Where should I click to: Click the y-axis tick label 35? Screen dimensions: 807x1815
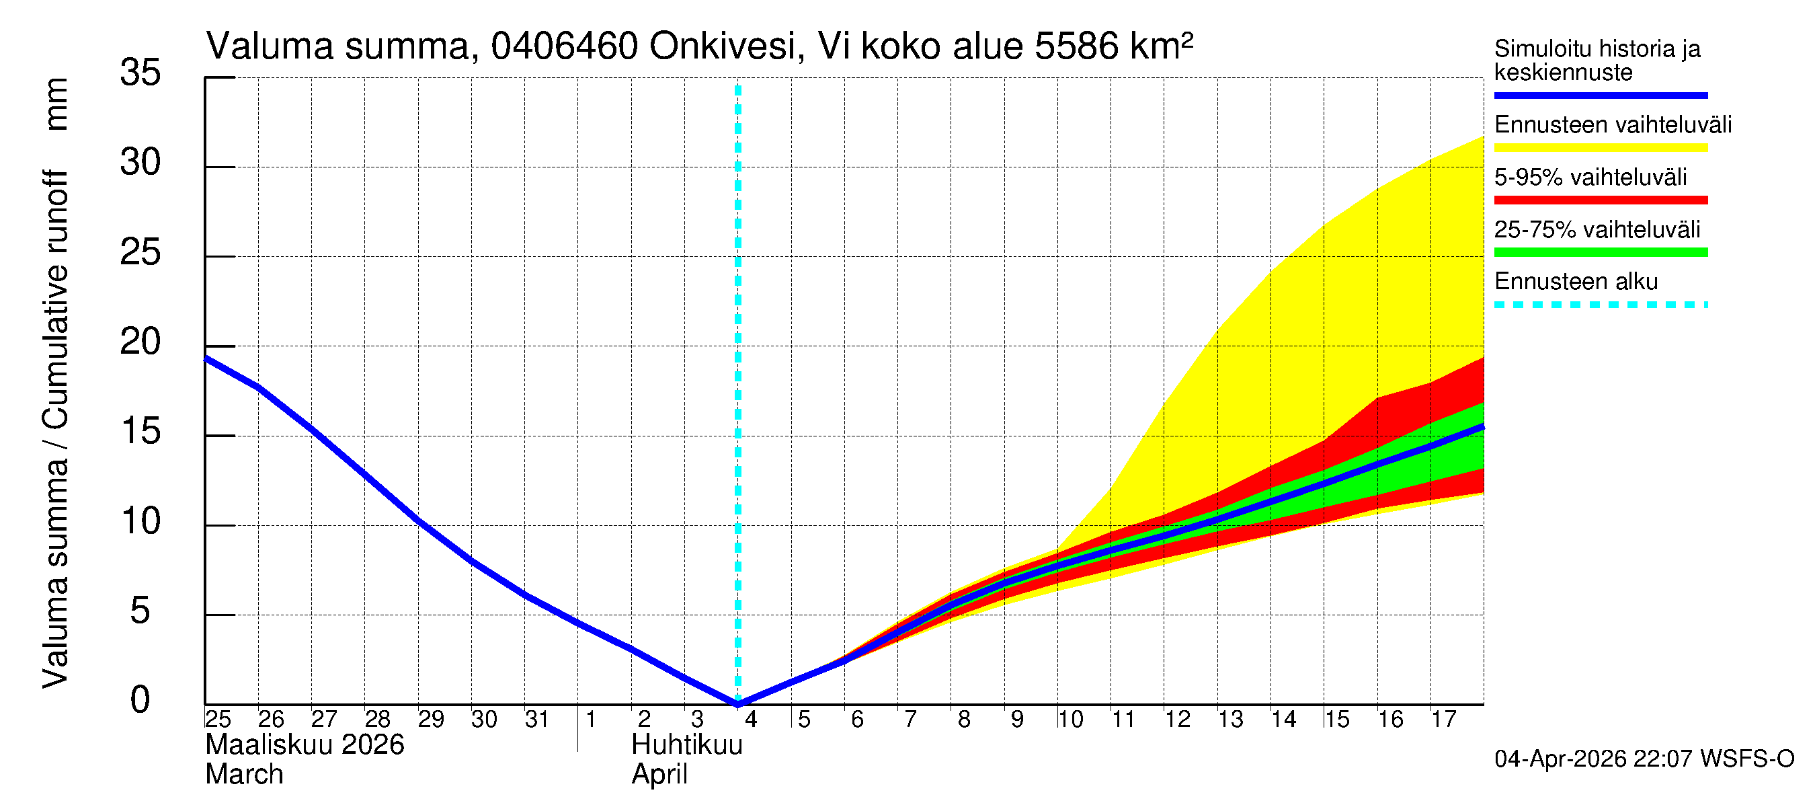click(x=140, y=73)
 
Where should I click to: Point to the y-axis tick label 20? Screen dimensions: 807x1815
click(x=140, y=342)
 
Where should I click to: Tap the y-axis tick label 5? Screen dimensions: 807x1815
click(x=140, y=611)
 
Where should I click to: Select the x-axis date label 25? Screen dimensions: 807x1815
click(x=218, y=720)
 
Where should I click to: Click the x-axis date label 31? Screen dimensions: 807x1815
click(x=537, y=720)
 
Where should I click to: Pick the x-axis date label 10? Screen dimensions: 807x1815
click(x=1070, y=720)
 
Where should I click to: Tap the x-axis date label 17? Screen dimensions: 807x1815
click(x=1443, y=720)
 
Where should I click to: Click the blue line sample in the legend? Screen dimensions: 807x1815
click(x=1600, y=95)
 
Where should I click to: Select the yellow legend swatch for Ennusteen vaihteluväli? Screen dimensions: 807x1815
click(x=1600, y=148)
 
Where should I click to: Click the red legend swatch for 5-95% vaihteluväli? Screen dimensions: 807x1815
click(x=1600, y=200)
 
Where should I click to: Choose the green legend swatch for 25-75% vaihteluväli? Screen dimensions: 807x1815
click(x=1600, y=252)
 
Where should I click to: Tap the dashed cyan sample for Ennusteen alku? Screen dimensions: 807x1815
click(x=1600, y=305)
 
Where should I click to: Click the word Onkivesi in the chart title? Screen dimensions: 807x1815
click(x=723, y=46)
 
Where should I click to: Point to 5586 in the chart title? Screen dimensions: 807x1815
click(x=1076, y=46)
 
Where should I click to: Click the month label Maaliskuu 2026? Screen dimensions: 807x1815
click(x=305, y=745)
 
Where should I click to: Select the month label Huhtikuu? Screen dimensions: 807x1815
click(x=687, y=745)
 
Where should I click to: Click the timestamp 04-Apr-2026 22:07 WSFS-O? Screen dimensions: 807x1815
click(x=1644, y=759)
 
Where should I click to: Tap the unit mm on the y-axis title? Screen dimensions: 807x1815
click(x=56, y=104)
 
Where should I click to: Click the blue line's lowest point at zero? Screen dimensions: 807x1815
click(x=737, y=703)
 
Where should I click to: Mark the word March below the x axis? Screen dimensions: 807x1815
click(x=244, y=775)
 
